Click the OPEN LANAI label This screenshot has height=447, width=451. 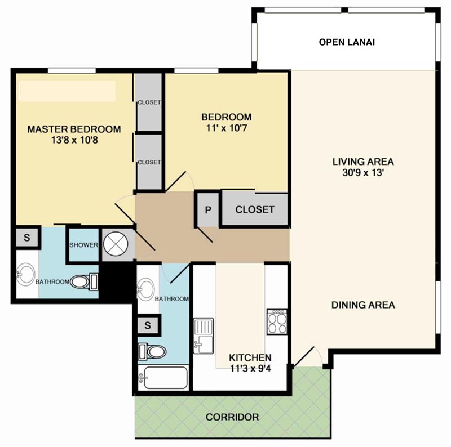347,42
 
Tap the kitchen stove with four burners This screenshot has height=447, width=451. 277,321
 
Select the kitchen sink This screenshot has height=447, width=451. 204,336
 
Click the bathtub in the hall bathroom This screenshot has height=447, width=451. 163,378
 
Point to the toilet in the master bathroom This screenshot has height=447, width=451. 84,281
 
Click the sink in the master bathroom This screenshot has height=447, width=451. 25,274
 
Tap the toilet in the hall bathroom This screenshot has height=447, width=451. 152,351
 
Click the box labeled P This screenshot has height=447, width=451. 208,209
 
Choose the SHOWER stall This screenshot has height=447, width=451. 83,245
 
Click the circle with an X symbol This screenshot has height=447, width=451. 116,244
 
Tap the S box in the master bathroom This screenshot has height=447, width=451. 26,238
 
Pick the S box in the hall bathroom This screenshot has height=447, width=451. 148,325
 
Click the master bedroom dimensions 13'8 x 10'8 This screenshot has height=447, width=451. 74,140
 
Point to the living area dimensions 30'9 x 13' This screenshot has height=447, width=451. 363,173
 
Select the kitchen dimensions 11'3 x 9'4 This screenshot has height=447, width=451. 250,368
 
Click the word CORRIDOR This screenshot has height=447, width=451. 232,417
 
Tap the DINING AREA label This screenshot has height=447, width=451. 363,305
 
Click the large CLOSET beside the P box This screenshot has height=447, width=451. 255,209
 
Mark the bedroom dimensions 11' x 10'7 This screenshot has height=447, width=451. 227,128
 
